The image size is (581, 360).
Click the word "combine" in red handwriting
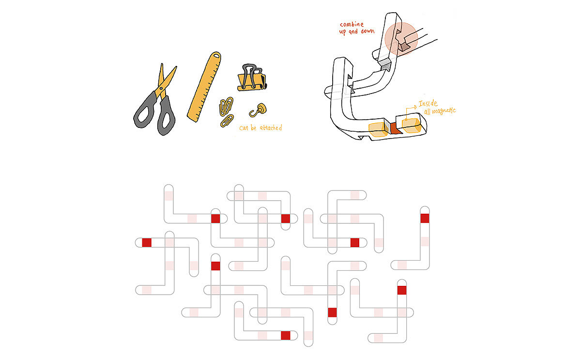[352, 25]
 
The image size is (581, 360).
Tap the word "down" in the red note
[367, 31]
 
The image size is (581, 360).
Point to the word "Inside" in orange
[428, 104]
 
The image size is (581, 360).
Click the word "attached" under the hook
[271, 128]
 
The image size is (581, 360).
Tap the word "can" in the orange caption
[244, 128]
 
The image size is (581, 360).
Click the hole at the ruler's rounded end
[216, 56]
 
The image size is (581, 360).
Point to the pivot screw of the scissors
[161, 89]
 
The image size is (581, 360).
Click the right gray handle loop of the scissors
[166, 116]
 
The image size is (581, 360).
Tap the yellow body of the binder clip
[252, 82]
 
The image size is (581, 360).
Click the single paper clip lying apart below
[227, 121]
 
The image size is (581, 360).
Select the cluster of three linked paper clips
[226, 106]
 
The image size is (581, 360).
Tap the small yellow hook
[259, 110]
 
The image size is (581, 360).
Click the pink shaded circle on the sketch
[401, 39]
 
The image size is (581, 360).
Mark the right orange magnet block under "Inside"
[412, 125]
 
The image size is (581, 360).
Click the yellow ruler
[204, 87]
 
